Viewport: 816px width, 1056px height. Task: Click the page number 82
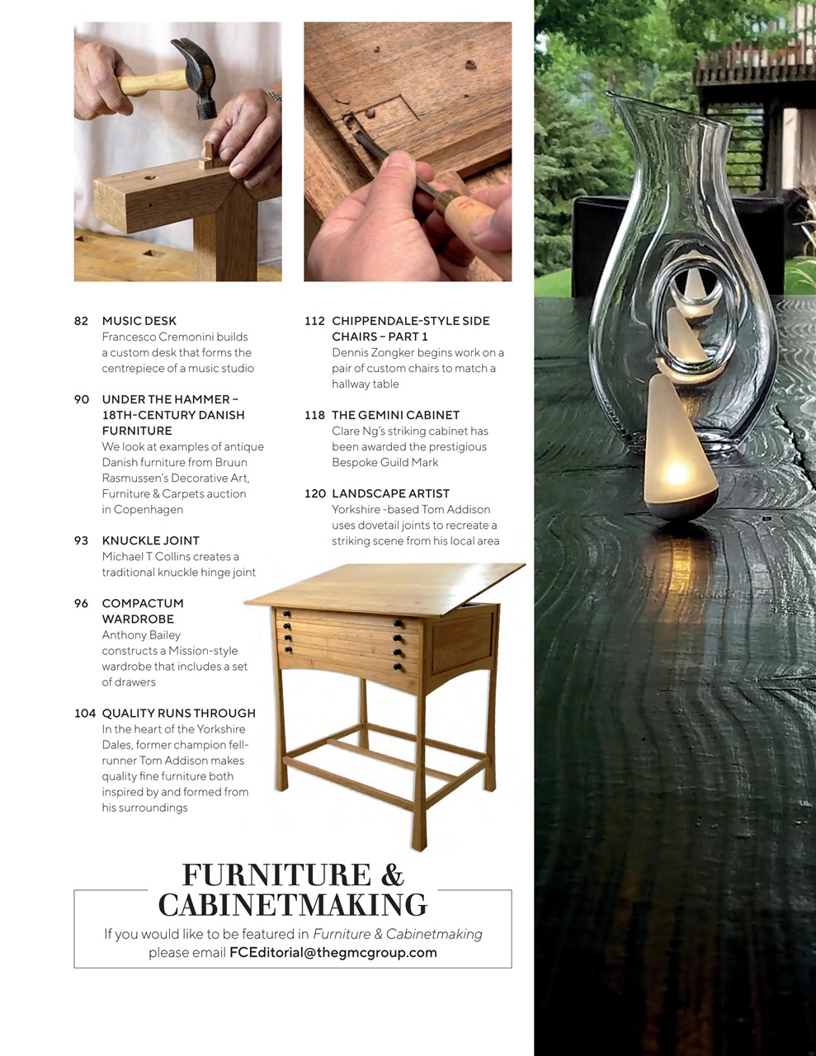81,321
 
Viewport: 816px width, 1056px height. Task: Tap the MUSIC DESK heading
139,321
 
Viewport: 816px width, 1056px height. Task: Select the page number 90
81,399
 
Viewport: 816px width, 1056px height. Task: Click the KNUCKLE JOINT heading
150,540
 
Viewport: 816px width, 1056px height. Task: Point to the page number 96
81,603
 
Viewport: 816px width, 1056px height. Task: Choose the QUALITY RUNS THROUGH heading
178,713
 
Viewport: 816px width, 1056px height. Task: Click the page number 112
314,321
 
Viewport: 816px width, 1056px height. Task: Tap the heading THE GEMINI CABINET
395,415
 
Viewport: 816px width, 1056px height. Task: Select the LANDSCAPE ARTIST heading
390,493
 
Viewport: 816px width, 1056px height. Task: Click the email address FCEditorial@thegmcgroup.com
333,952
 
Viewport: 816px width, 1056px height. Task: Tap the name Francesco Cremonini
175,337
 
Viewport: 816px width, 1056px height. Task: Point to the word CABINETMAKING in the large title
292,905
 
